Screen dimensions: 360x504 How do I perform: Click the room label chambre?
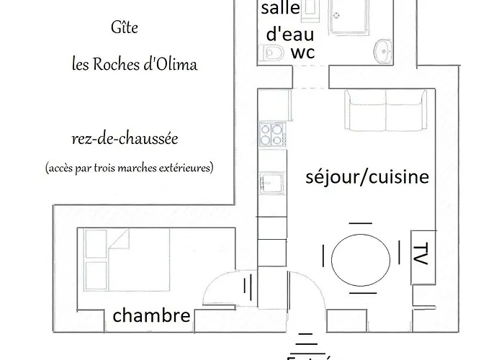point(152,315)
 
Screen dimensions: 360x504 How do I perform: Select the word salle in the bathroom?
point(281,9)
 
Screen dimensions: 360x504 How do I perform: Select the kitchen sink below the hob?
point(271,180)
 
